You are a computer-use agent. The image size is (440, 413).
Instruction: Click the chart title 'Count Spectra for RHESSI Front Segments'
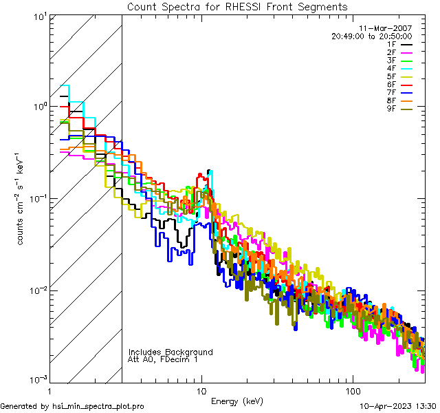pyautogui.click(x=237, y=7)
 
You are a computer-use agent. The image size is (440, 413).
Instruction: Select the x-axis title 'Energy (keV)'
pyautogui.click(x=237, y=401)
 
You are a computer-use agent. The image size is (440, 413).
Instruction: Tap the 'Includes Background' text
pyautogui.click(x=170, y=352)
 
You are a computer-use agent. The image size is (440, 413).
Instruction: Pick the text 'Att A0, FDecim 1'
pyautogui.click(x=163, y=360)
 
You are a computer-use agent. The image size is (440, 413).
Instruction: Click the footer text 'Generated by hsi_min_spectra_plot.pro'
pyautogui.click(x=72, y=407)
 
